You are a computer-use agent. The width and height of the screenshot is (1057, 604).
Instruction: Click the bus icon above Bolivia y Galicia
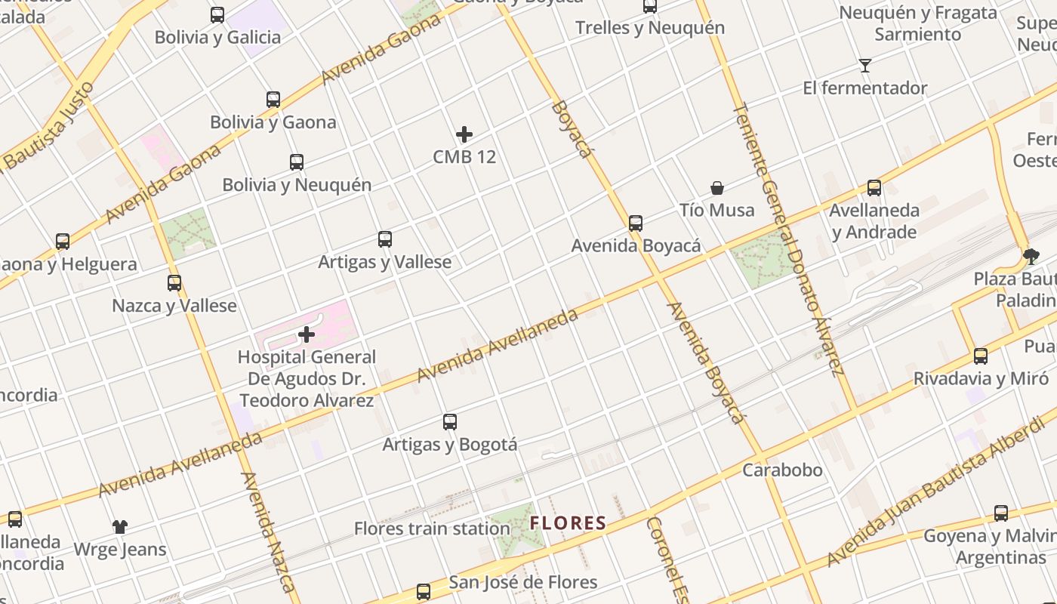click(x=217, y=14)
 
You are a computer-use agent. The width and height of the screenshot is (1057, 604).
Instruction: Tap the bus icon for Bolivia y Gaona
click(x=273, y=100)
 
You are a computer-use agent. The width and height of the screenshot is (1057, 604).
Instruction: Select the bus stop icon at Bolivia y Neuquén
click(x=297, y=162)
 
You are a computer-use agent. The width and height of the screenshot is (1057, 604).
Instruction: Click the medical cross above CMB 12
click(x=464, y=134)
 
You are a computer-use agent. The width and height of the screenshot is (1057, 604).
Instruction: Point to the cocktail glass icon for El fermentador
click(x=865, y=66)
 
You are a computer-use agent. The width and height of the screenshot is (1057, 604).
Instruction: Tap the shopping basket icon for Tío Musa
click(x=717, y=187)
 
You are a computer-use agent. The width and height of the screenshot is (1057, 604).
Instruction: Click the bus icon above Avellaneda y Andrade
click(x=874, y=188)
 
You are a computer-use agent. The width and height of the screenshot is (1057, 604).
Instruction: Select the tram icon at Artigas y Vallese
click(x=385, y=239)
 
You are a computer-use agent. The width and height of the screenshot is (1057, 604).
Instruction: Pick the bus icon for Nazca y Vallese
click(x=174, y=283)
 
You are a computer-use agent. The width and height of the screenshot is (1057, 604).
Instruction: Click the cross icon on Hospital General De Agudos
click(x=307, y=334)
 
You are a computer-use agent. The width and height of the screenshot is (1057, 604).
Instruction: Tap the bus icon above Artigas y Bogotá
click(x=450, y=422)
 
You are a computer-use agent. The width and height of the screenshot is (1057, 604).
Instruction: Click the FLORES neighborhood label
click(x=568, y=522)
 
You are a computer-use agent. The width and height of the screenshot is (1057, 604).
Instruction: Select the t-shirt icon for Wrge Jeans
click(x=120, y=526)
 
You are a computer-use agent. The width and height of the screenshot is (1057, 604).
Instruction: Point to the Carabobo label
click(x=782, y=470)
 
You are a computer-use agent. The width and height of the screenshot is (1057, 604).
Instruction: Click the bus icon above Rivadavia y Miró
click(x=981, y=356)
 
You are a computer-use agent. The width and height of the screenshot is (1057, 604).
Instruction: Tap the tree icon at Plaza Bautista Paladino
click(x=1031, y=257)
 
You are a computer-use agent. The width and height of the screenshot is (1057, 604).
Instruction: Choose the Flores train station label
click(x=432, y=528)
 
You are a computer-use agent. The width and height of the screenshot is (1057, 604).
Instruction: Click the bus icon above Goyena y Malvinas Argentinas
click(x=1001, y=513)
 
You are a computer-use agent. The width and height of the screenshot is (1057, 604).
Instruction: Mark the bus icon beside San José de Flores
click(x=424, y=591)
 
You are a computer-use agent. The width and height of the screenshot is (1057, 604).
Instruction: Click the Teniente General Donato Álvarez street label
click(x=787, y=238)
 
